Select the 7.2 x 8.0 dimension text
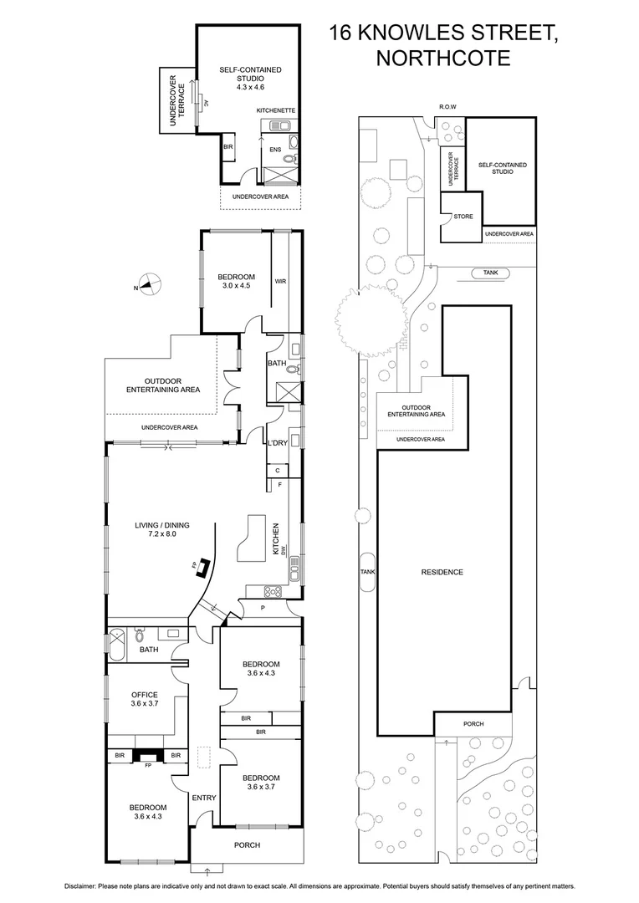pos(161,533)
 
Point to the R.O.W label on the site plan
pos(448,106)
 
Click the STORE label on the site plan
pos(463,217)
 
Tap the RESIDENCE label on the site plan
pos(442,572)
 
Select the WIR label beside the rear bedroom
pos(280,282)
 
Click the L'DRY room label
pos(277,443)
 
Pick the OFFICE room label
pos(146,694)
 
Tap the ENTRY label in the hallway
pos(204,798)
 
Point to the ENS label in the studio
pos(273,150)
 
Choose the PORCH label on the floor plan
pos(247,845)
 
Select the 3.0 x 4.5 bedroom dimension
pos(236,287)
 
